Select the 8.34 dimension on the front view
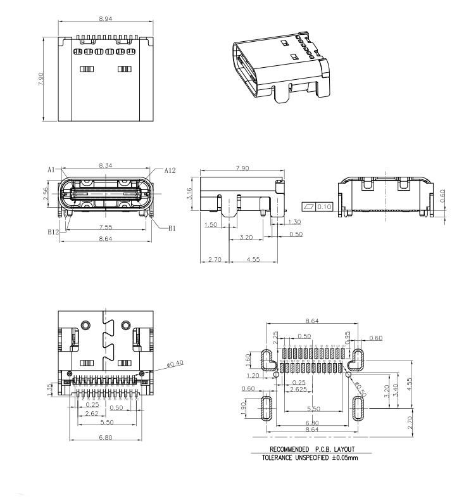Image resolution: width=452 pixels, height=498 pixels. (x=106, y=165)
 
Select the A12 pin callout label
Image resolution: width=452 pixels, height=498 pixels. (x=170, y=170)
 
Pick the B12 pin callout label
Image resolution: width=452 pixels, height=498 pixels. (x=53, y=232)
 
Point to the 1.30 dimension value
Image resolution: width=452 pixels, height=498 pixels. (x=294, y=222)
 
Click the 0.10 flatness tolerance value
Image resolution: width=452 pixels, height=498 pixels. (x=325, y=207)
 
